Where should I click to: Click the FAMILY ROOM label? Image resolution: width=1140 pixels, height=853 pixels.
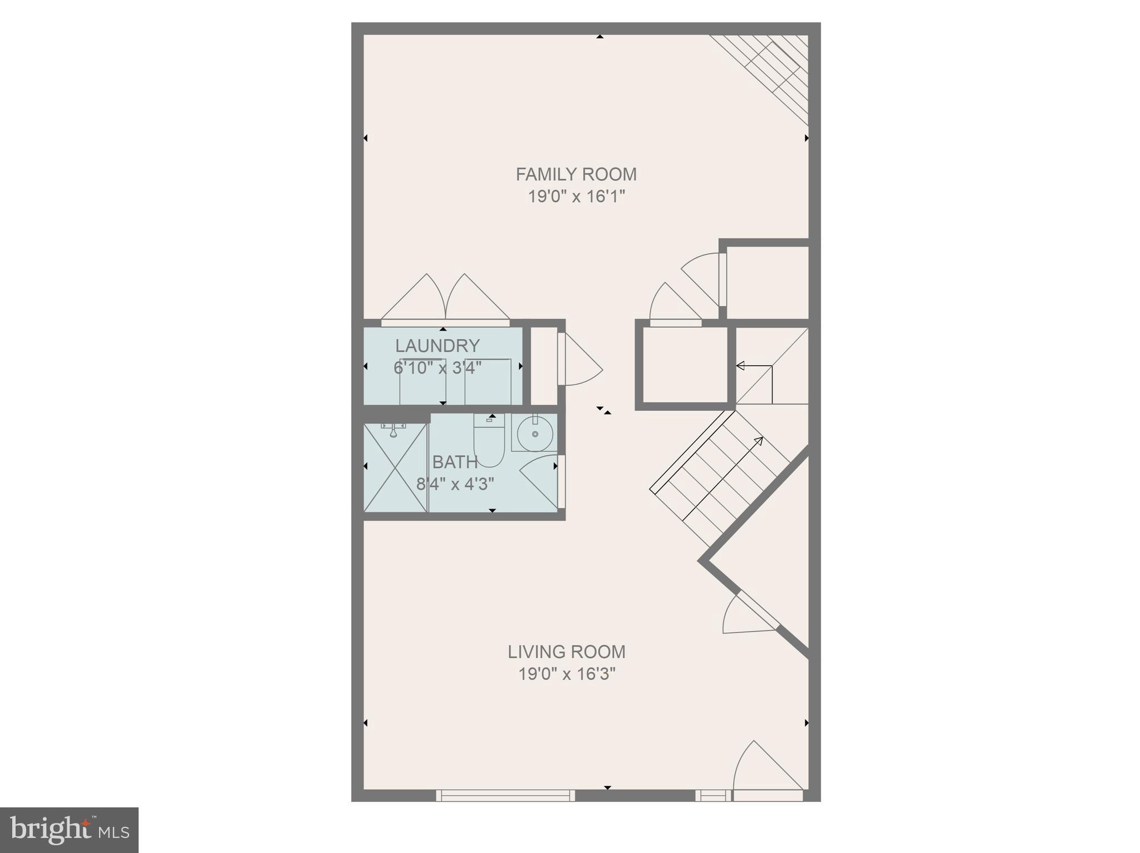(576, 175)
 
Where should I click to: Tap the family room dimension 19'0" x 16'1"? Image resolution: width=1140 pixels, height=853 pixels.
(577, 196)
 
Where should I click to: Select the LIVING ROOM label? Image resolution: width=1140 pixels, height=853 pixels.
(566, 652)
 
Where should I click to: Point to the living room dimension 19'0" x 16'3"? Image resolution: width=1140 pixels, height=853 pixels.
(567, 674)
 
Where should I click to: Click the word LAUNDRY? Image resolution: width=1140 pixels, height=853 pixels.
(437, 346)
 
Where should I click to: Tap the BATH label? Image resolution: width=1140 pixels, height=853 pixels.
(455, 462)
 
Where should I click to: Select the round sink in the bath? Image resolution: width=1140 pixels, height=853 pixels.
(535, 433)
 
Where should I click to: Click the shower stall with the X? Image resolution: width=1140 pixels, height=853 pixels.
(395, 467)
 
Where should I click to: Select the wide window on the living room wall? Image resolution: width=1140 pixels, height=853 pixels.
(505, 795)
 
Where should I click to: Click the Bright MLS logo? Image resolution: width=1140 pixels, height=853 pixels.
(69, 830)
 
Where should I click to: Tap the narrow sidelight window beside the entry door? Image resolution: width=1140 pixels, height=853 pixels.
(712, 796)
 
